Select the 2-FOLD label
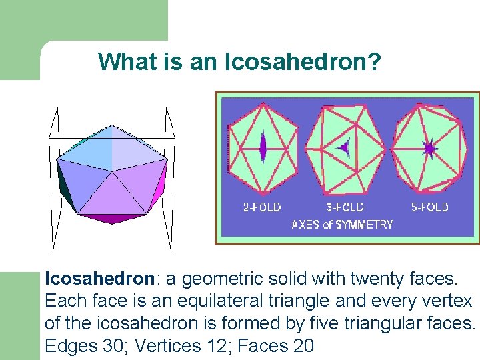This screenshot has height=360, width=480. pyautogui.click(x=261, y=207)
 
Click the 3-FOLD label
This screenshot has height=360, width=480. pyautogui.click(x=345, y=207)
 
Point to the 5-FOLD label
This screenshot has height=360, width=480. pyautogui.click(x=429, y=207)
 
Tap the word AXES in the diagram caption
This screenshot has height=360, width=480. pyautogui.click(x=306, y=225)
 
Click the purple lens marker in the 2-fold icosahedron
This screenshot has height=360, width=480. pyautogui.click(x=263, y=147)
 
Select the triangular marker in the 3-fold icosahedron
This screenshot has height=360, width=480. pyautogui.click(x=344, y=147)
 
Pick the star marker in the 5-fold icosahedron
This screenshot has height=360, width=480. pyautogui.click(x=429, y=148)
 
